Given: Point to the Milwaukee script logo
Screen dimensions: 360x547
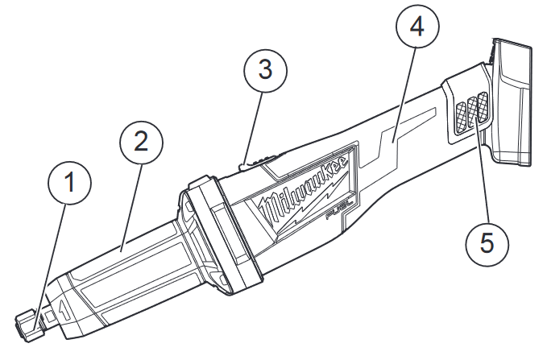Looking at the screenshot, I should coord(305,188).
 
